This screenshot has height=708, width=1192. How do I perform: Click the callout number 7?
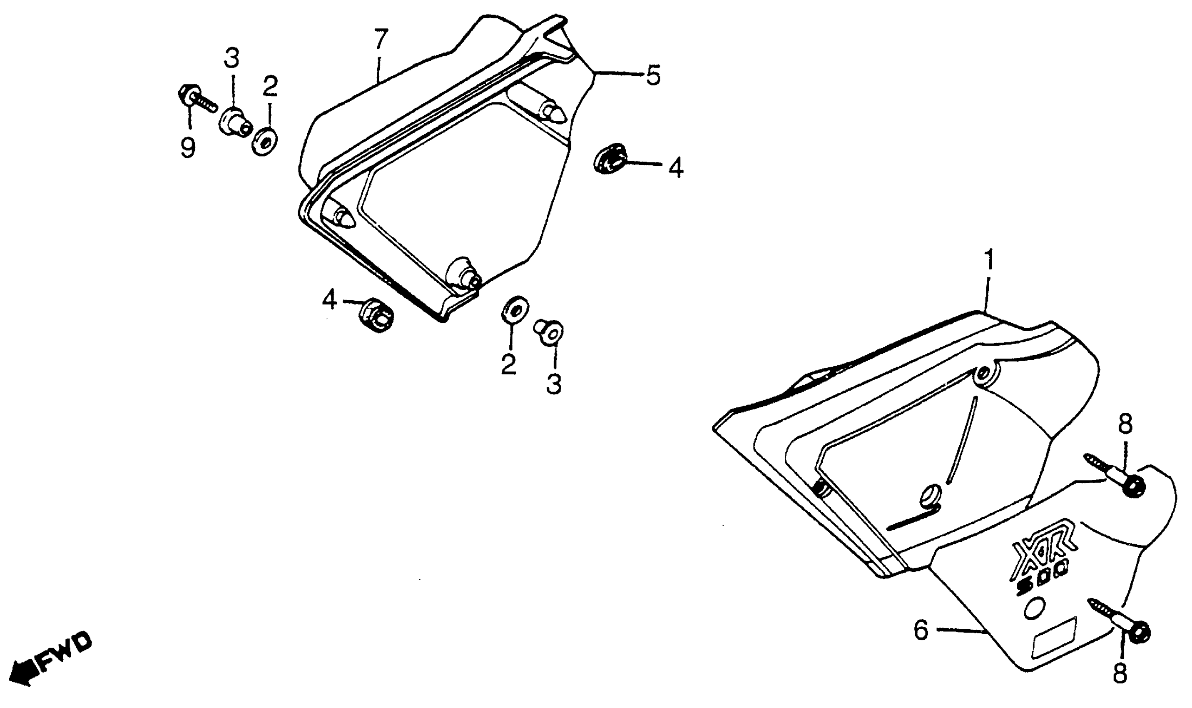tap(381, 40)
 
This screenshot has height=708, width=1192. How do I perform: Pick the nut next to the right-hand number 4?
tap(611, 158)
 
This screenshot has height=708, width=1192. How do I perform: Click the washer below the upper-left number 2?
tap(265, 142)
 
